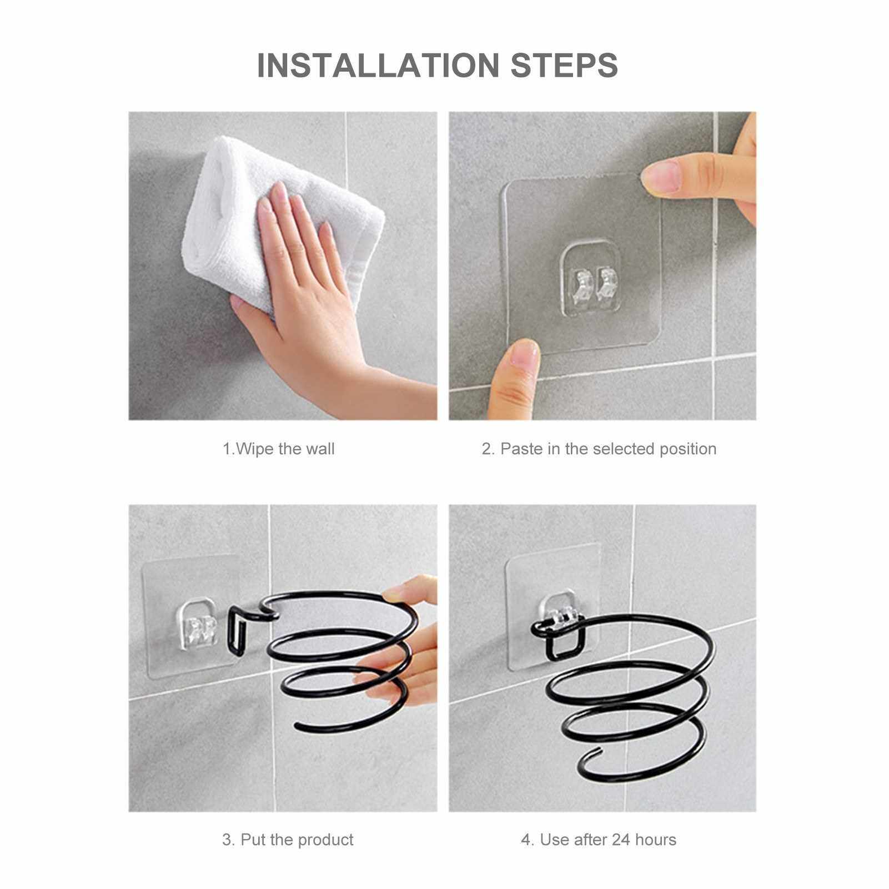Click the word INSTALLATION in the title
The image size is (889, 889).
(378, 65)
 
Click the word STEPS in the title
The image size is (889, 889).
(564, 65)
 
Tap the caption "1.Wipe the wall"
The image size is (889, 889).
(279, 449)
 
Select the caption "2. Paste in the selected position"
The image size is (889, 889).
(599, 449)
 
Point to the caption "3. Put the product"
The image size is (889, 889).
(288, 840)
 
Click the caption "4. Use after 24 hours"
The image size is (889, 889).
(599, 840)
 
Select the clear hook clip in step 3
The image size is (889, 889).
(197, 625)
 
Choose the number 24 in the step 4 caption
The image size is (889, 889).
(620, 840)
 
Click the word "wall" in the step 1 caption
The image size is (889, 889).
(320, 449)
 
